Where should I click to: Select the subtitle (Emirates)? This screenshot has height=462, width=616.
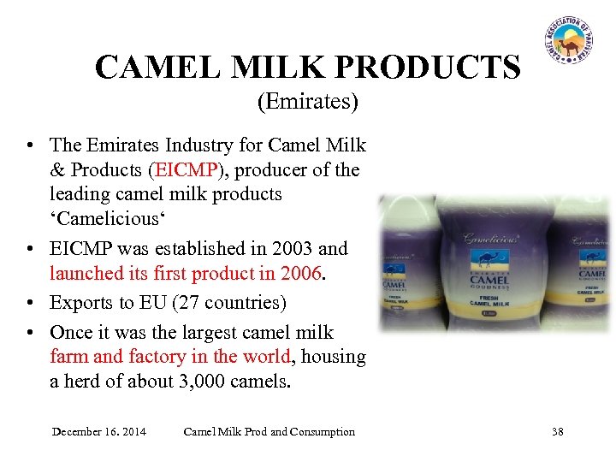tap(307, 103)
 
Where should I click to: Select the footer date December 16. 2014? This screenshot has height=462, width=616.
tap(98, 431)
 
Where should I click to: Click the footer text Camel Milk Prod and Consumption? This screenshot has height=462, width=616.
tap(269, 431)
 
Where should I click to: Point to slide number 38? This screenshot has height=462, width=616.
tap(558, 431)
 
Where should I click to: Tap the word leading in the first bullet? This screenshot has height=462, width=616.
tap(80, 193)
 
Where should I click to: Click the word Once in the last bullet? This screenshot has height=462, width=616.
tap(73, 332)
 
